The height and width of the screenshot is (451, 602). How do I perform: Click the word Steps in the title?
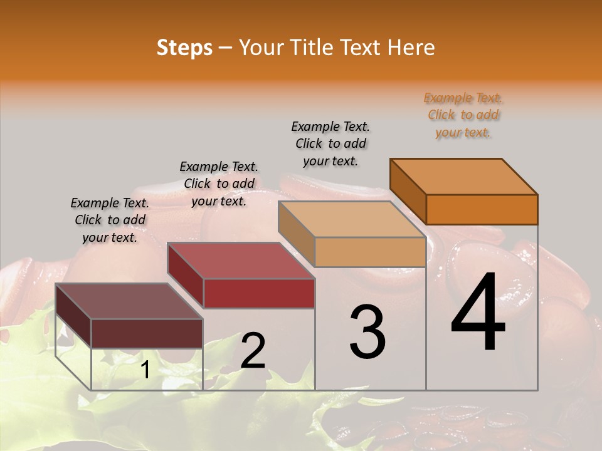tap(184, 48)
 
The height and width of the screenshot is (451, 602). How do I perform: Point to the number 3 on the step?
tap(367, 332)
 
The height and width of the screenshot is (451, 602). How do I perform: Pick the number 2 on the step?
tap(253, 351)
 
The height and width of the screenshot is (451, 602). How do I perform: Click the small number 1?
tap(145, 370)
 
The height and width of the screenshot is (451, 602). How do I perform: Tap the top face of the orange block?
tap(464, 177)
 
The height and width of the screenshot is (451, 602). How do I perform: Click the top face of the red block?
tap(241, 261)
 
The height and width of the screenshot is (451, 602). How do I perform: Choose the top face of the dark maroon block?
tap(129, 301)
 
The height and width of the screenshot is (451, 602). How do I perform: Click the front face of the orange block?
tap(482, 209)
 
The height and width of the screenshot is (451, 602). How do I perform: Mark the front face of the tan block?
tap(370, 252)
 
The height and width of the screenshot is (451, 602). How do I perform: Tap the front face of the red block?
tap(258, 293)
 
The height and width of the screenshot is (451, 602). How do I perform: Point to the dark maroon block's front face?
tap(147, 333)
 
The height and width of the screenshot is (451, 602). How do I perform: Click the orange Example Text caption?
tap(463, 115)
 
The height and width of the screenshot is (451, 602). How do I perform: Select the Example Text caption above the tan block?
tap(330, 144)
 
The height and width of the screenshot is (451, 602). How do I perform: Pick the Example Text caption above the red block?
tap(219, 184)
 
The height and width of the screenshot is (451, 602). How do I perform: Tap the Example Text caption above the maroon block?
tap(110, 220)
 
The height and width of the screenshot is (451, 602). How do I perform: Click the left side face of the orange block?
tap(408, 192)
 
